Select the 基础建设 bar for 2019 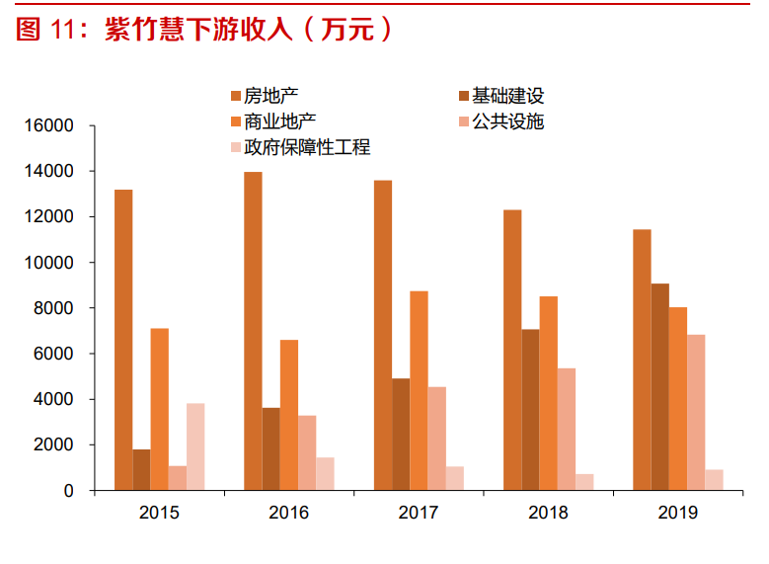click(659, 387)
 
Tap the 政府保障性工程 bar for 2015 click(195, 446)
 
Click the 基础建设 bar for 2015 click(141, 469)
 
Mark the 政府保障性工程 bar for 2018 click(584, 482)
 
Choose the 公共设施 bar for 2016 click(307, 452)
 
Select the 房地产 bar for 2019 click(642, 360)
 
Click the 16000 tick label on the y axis click(49, 126)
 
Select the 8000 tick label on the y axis click(54, 308)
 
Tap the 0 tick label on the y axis click(68, 491)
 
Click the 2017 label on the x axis click(419, 513)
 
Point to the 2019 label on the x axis click(677, 513)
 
